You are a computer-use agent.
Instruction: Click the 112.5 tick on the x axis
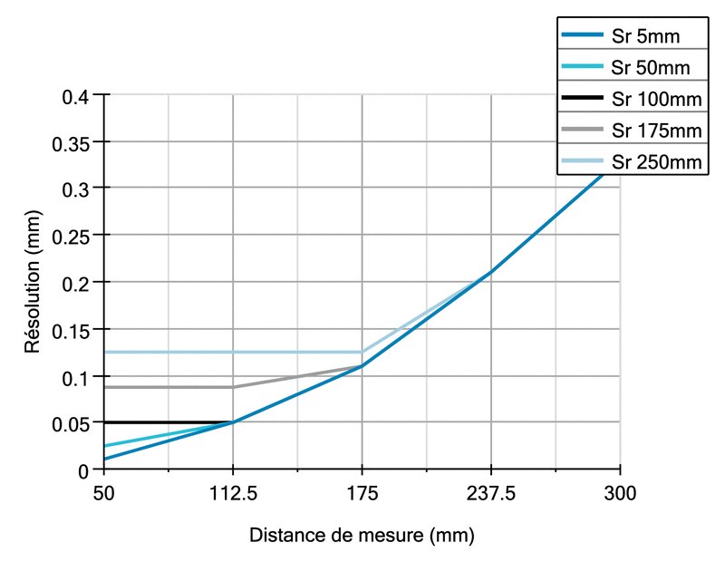(x=233, y=494)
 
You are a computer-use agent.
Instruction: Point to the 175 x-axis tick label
(x=362, y=494)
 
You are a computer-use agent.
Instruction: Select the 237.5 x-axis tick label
(x=490, y=494)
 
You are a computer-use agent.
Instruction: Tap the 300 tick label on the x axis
(x=620, y=494)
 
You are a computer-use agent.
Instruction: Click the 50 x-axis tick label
(x=104, y=494)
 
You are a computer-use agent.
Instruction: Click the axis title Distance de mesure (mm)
(x=362, y=536)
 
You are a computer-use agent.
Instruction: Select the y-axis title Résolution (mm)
(x=33, y=284)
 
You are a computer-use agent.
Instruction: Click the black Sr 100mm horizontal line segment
(x=169, y=422)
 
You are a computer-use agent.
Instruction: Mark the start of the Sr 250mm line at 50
(x=105, y=352)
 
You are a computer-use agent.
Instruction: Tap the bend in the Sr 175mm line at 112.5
(x=233, y=387)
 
